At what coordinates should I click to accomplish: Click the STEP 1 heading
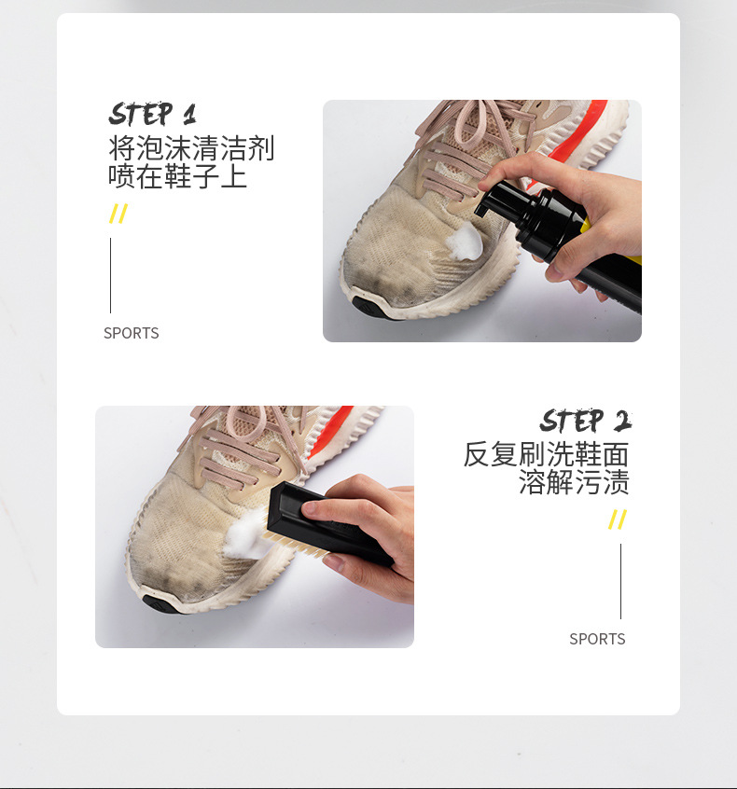[x=153, y=115]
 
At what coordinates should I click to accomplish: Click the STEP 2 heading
[x=585, y=421]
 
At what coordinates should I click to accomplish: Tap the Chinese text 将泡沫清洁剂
[x=191, y=148]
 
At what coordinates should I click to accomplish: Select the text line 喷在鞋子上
[x=177, y=176]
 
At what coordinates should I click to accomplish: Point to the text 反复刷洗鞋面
[x=547, y=454]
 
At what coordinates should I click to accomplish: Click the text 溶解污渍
[x=574, y=482]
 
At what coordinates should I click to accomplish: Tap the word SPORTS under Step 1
[x=132, y=333]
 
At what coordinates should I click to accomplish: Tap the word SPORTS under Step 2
[x=597, y=639]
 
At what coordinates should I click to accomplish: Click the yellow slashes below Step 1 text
[x=118, y=215]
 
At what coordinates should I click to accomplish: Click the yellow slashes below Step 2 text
[x=617, y=519]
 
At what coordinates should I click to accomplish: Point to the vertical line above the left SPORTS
[x=110, y=275]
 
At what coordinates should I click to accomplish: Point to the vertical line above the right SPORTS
[x=620, y=581]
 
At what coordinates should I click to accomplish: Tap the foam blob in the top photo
[x=465, y=242]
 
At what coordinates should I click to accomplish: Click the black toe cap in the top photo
[x=367, y=306]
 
